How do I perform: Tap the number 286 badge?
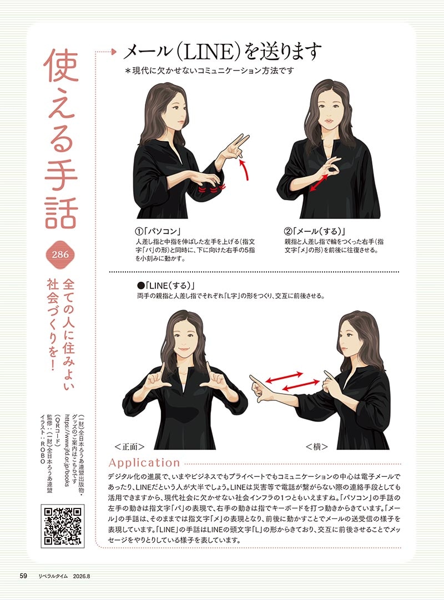[x=60, y=255]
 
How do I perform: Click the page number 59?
[x=23, y=576]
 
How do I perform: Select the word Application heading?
[x=144, y=463]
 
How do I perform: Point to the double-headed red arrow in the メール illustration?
[x=319, y=183]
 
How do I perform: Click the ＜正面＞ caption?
[x=129, y=446]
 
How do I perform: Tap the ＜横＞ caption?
[x=317, y=446]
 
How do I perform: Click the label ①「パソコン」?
[x=158, y=231]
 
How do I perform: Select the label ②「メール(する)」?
[x=315, y=231]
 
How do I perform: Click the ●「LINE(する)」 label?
[x=167, y=286]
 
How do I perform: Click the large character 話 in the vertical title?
[x=62, y=209]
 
